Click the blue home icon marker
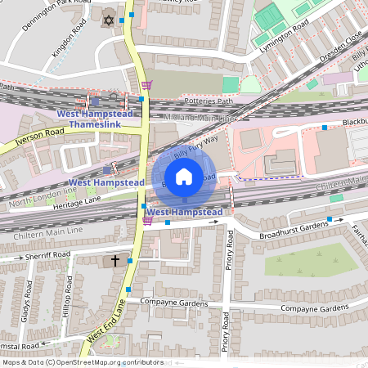click(x=184, y=177)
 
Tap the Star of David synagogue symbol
click(x=107, y=19)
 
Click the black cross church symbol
click(x=115, y=262)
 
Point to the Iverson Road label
click(x=32, y=140)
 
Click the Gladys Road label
click(x=27, y=300)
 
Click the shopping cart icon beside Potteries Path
click(x=146, y=85)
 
